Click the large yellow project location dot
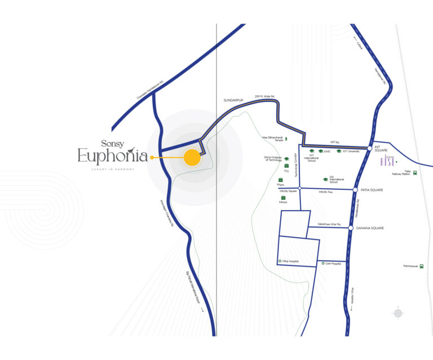point(192,158)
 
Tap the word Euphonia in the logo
point(113,156)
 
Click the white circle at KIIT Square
point(370,148)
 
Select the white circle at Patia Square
point(355,190)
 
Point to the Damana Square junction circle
point(351,228)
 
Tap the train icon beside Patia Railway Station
point(415,174)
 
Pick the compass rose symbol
point(398,313)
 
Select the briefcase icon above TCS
point(286,166)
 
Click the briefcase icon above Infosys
point(283,197)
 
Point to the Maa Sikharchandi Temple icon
point(286,138)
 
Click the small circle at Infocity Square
point(300,188)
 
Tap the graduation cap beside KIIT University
point(339,151)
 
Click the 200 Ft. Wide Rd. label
point(264,96)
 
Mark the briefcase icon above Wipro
point(280,180)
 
